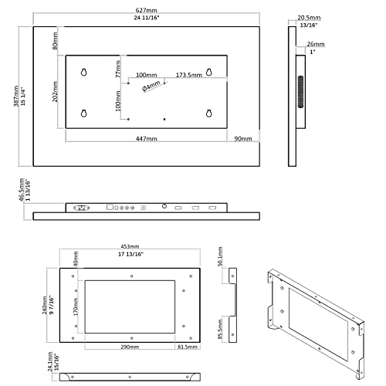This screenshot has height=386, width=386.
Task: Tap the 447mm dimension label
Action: [x=147, y=139]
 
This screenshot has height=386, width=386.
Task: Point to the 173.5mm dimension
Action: [x=188, y=75]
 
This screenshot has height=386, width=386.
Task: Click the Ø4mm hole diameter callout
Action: [x=152, y=88]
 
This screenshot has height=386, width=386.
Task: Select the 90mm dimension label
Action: [x=243, y=139]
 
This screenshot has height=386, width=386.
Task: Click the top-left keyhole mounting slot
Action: [x=83, y=73]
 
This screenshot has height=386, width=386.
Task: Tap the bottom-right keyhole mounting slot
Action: [x=209, y=114]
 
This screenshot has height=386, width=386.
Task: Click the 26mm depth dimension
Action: [x=315, y=45]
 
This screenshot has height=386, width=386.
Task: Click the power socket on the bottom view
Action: [x=81, y=207]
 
